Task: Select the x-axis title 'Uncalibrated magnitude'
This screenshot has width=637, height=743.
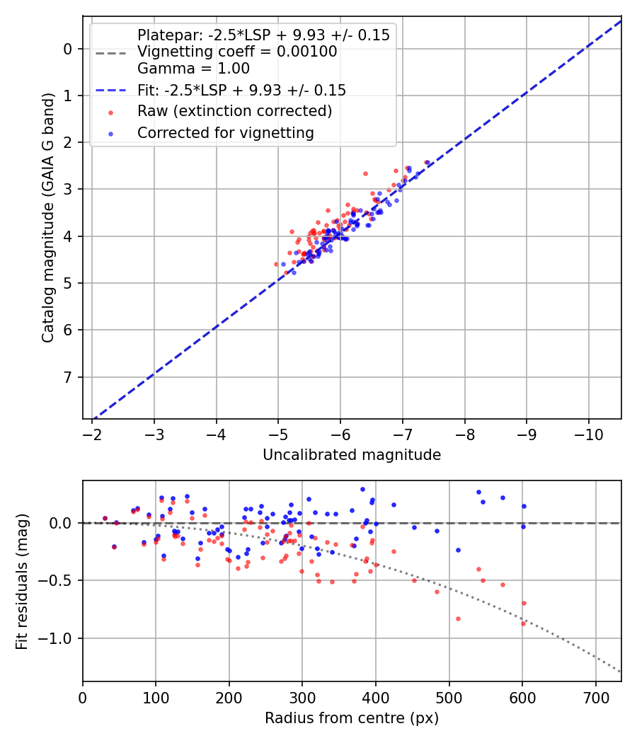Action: (x=352, y=455)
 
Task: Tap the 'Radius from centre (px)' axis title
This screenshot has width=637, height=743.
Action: (x=352, y=718)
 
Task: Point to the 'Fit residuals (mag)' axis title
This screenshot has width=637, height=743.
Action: (x=22, y=582)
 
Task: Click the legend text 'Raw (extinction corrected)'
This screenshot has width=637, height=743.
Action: (x=234, y=111)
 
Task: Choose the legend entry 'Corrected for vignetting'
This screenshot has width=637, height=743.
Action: (x=226, y=132)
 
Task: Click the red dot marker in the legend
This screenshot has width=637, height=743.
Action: (x=110, y=112)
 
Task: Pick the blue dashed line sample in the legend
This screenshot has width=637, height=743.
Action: (x=110, y=91)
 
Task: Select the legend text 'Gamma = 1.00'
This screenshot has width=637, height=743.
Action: (x=193, y=69)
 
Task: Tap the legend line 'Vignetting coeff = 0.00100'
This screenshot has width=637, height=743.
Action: (x=237, y=52)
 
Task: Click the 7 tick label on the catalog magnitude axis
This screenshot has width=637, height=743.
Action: (x=68, y=377)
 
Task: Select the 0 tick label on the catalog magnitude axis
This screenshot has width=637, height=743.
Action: (x=68, y=49)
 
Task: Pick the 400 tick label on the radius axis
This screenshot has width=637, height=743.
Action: (x=376, y=698)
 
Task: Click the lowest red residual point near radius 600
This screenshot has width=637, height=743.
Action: (x=523, y=623)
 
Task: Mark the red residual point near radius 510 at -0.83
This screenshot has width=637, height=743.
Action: (x=458, y=618)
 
